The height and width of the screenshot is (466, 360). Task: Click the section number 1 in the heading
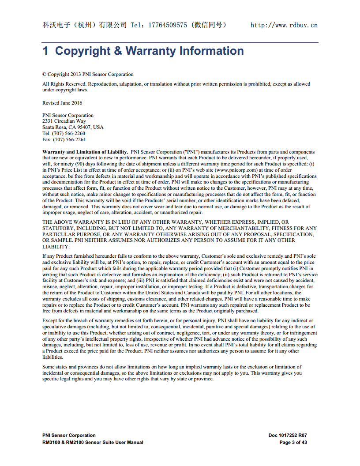(x=45, y=51)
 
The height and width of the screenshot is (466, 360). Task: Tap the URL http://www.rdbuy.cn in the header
(x=284, y=25)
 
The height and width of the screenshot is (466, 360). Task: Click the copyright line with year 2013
(x=88, y=74)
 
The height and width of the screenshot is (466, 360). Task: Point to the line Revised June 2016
(x=62, y=103)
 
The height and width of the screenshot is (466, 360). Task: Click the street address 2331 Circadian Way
(x=64, y=121)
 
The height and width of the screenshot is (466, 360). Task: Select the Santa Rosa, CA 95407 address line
(x=73, y=127)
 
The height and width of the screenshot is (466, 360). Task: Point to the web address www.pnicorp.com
(x=236, y=170)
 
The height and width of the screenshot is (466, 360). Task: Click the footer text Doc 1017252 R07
(x=288, y=436)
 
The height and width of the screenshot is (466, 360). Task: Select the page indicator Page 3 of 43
(x=293, y=442)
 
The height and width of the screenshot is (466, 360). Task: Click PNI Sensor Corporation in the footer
(x=69, y=436)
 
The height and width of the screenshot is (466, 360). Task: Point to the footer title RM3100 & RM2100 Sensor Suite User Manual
(x=93, y=442)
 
